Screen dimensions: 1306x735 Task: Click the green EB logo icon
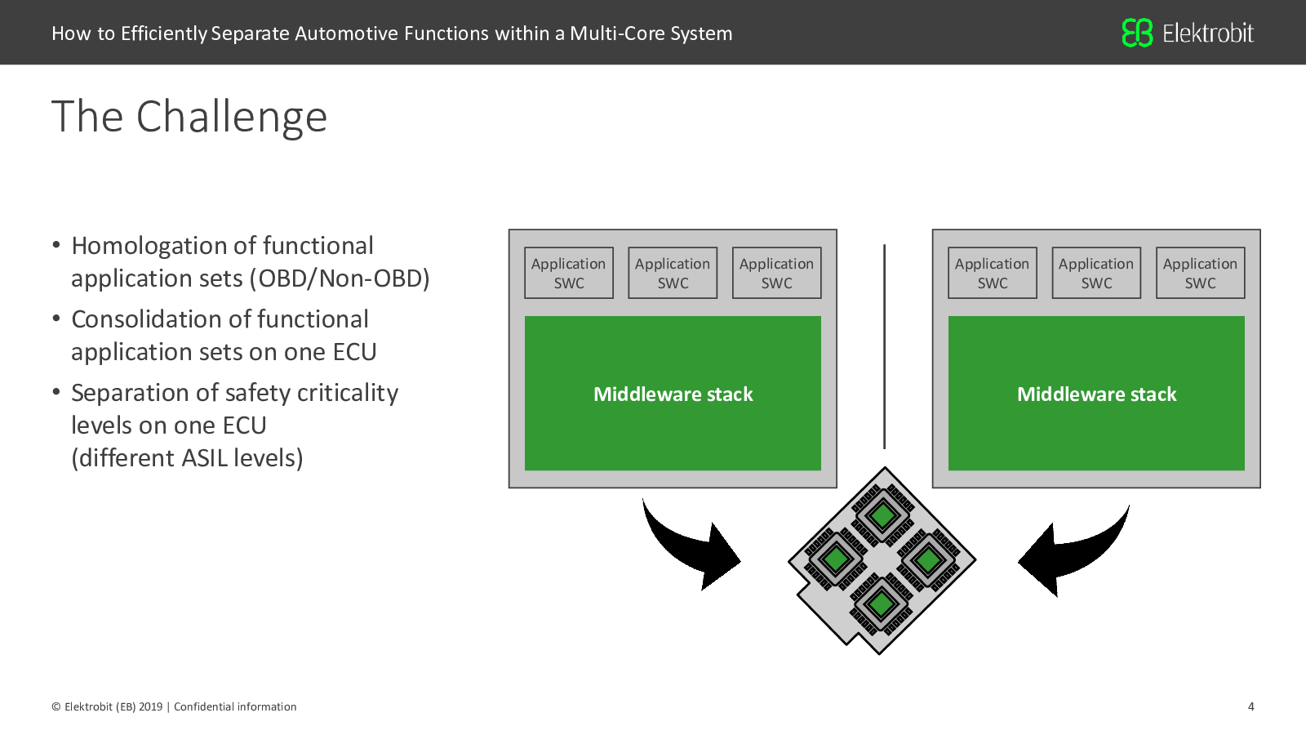point(1137,33)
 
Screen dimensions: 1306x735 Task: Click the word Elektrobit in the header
point(1208,33)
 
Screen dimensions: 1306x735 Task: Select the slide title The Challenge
point(189,117)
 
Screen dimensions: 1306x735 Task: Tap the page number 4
point(1250,706)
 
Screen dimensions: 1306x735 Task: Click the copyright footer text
point(174,706)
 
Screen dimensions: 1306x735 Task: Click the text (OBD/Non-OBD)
point(340,278)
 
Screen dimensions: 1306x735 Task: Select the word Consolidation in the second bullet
point(146,319)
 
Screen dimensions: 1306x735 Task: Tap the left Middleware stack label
point(673,394)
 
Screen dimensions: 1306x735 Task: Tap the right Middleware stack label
point(1097,394)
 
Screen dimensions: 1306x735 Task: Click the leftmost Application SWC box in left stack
point(568,273)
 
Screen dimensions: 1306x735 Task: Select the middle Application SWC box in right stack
point(1096,273)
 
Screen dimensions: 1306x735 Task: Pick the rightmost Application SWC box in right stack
point(1201,273)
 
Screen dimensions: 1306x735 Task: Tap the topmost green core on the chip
point(882,515)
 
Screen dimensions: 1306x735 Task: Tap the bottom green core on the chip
point(881,604)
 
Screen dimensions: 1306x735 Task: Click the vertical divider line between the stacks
point(885,346)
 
